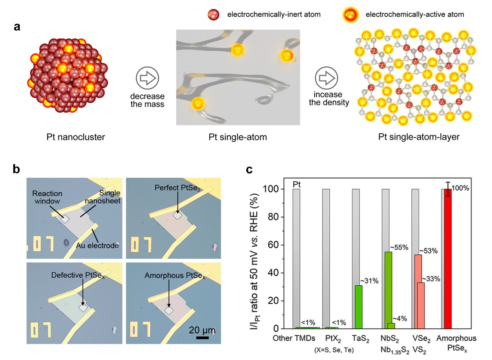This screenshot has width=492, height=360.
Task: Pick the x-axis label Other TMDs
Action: point(294,339)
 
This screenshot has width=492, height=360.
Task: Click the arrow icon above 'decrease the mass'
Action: point(148,78)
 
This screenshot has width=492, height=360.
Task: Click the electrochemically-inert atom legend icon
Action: point(212,15)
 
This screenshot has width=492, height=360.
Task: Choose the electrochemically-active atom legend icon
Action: point(349,15)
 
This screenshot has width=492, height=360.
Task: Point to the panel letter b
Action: point(17,169)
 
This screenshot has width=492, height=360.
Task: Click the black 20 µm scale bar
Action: point(202,338)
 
